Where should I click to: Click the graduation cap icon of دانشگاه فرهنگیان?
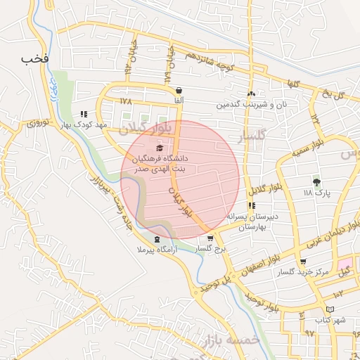point(159,148)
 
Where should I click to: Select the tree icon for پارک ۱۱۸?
point(316,182)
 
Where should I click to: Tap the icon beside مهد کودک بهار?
point(84,114)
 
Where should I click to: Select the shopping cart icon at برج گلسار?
point(210,238)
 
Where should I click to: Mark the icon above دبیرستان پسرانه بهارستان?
point(252,205)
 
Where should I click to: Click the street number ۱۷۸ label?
point(127,101)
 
